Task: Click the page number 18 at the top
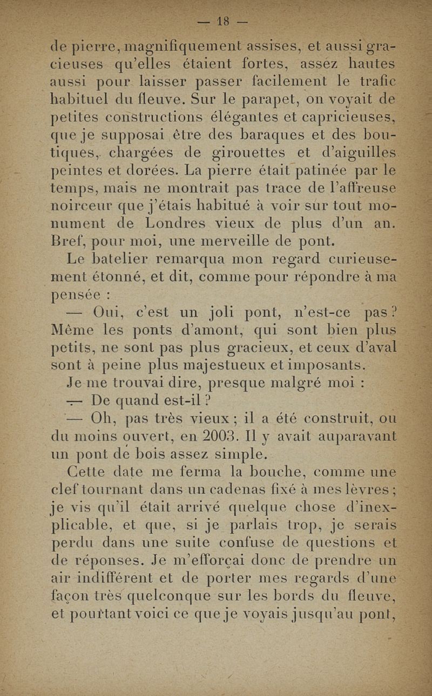click(222, 22)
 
